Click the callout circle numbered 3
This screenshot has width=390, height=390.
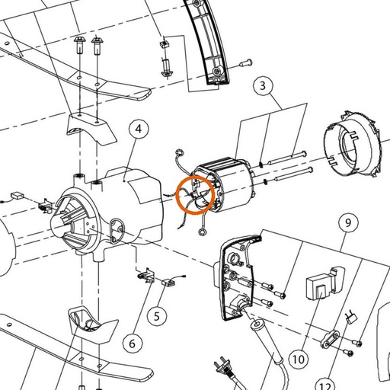263,85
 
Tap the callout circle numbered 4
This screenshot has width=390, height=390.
139,129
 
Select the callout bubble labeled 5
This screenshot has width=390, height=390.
157,316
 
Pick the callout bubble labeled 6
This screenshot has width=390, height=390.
133,344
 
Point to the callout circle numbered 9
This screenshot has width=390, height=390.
348,222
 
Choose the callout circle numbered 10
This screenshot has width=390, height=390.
299,359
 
